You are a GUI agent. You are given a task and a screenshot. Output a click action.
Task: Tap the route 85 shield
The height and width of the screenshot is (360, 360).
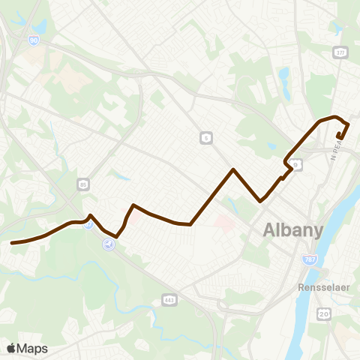coord(82,183)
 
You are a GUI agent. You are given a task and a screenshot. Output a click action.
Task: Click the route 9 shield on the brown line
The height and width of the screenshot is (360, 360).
coord(296,163)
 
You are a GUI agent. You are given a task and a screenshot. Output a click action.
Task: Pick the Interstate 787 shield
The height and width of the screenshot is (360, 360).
coord(309,259)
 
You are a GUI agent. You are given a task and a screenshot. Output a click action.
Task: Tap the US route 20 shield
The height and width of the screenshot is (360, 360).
coord(323,312)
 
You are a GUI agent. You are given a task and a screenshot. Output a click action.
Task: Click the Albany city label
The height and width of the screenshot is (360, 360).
coord(292,231)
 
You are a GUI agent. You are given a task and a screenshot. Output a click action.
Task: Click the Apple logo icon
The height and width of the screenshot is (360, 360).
coord(11,348)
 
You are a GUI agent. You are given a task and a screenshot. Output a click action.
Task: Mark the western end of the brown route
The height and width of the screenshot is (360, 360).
coord(12,243)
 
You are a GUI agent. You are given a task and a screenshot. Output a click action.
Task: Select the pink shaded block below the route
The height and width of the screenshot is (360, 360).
coord(222,223)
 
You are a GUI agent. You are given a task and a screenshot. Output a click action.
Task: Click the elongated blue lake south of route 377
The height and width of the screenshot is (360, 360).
coord(283,75)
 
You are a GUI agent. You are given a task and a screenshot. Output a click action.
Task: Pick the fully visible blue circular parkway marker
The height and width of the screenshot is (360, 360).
coord(109,244)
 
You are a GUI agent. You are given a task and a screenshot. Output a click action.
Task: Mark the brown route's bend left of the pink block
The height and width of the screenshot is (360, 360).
coord(191,223)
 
